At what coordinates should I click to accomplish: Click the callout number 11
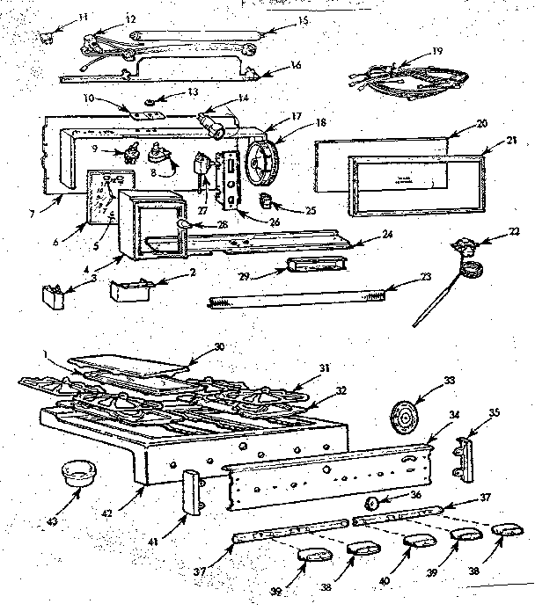point(60,16)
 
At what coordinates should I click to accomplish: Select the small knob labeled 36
point(372,503)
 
